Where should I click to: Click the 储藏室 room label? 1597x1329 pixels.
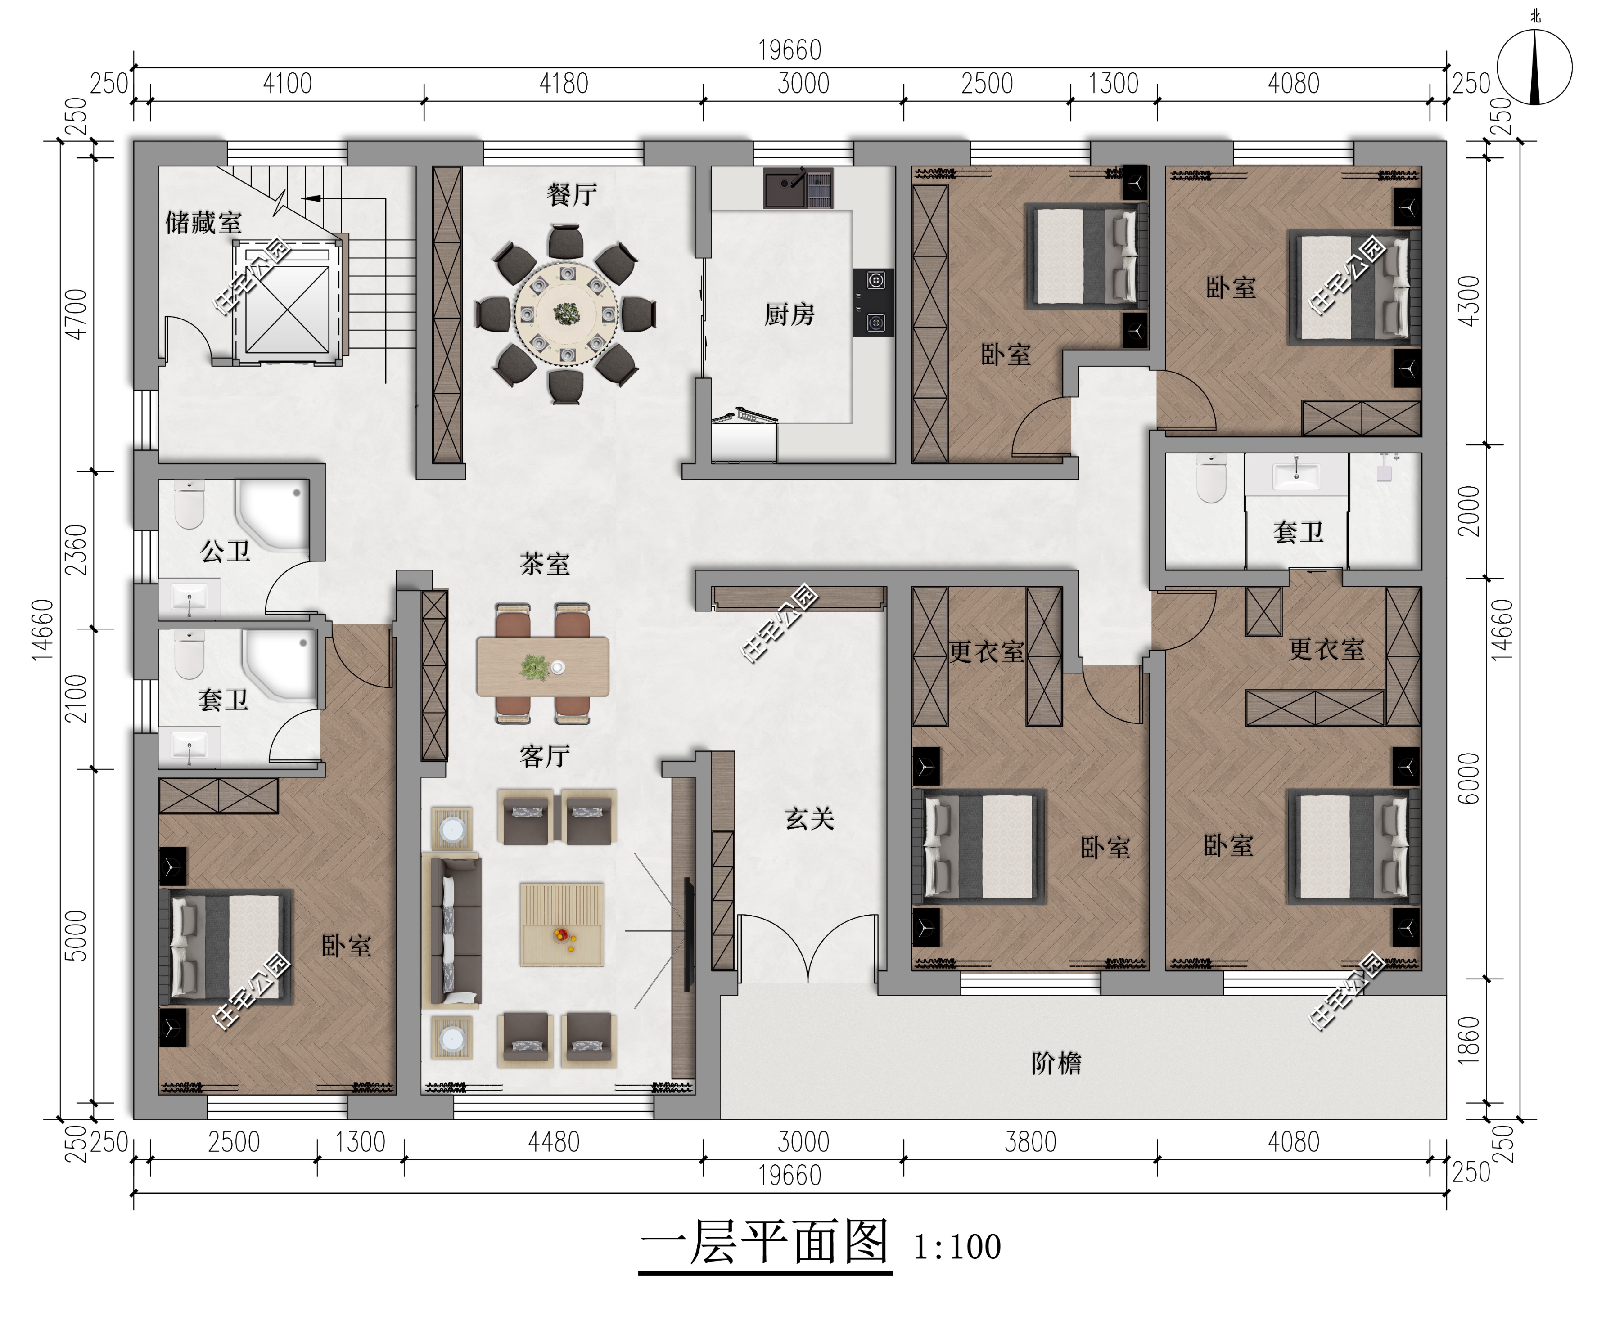(x=204, y=223)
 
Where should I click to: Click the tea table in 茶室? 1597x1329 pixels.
(x=542, y=667)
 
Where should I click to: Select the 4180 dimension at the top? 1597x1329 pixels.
(x=564, y=84)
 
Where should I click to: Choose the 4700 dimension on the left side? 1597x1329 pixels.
(x=77, y=314)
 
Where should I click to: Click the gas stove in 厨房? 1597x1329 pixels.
(x=873, y=302)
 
